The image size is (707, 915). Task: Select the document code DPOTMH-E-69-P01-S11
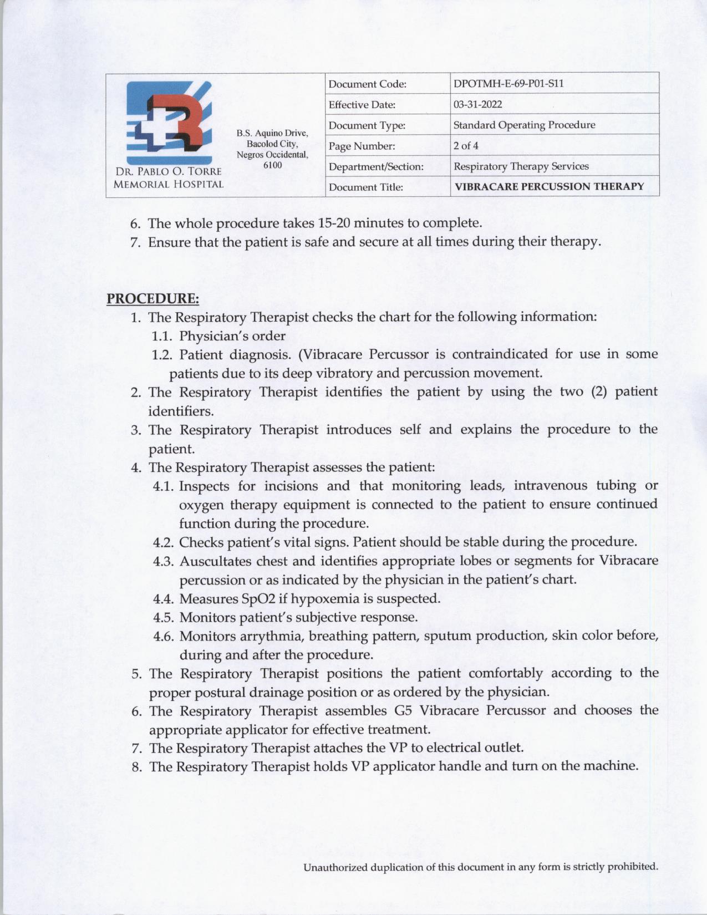tap(508, 84)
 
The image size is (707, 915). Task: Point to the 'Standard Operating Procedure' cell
tap(524, 125)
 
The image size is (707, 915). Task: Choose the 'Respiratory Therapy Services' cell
tap(521, 166)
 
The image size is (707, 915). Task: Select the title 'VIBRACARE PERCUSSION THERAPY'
tap(549, 186)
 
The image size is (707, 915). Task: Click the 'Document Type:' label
tap(367, 125)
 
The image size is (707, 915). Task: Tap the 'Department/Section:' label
tap(376, 166)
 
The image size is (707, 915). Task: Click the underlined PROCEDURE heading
tap(152, 298)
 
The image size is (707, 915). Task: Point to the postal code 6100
tap(272, 165)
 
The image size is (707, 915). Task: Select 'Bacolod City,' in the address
tap(272, 144)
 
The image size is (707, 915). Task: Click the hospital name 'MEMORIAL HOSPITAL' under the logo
tap(168, 184)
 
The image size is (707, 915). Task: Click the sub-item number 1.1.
tap(162, 336)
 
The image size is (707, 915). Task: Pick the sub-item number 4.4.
tap(164, 599)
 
